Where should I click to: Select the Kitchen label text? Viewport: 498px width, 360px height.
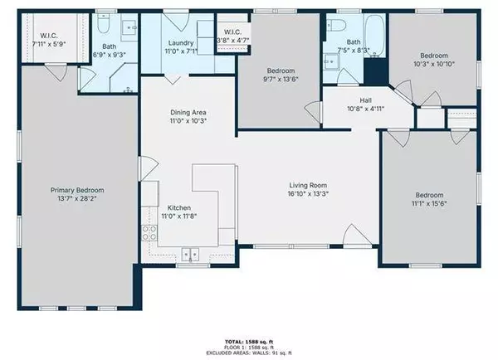pyautogui.click(x=180, y=207)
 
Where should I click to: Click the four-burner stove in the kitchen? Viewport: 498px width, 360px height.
pyautogui.click(x=150, y=231)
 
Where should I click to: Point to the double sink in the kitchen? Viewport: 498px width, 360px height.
pyautogui.click(x=192, y=255)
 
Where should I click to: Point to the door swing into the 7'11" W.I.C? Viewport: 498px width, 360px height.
pyautogui.click(x=55, y=73)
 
